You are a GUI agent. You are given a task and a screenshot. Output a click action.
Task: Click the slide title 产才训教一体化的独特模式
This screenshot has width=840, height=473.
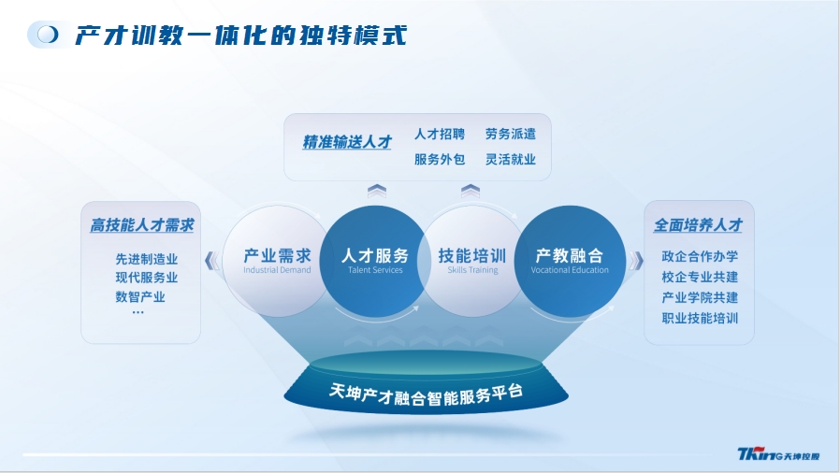(241, 36)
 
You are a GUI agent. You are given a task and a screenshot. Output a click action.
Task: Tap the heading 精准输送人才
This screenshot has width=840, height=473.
(347, 142)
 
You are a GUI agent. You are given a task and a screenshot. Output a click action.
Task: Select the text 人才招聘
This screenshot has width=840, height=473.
(440, 134)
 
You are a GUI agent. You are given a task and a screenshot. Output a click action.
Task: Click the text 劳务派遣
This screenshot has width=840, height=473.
(511, 134)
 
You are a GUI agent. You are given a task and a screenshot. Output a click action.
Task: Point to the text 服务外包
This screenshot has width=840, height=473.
(440, 159)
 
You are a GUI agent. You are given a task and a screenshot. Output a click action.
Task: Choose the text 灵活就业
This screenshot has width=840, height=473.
(511, 159)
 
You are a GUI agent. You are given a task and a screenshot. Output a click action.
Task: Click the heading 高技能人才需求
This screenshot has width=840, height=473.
(142, 225)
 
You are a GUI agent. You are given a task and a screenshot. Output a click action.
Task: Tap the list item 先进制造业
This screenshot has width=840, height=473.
(146, 259)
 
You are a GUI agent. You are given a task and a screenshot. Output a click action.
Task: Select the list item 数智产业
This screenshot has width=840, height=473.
(140, 296)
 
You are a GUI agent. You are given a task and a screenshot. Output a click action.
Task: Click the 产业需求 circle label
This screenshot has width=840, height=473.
(277, 255)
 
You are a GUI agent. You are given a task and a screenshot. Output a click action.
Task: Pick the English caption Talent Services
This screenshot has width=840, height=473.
(375, 270)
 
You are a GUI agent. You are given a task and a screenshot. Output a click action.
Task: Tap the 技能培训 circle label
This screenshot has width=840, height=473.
(472, 255)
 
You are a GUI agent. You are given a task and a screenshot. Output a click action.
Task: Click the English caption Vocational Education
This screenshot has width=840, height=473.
(570, 270)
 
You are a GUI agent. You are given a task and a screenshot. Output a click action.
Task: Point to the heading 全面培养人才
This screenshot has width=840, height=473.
(698, 225)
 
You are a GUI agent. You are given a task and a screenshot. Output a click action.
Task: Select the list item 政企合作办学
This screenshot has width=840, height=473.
(700, 256)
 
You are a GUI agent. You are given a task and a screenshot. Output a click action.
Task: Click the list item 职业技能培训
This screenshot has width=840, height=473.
(700, 319)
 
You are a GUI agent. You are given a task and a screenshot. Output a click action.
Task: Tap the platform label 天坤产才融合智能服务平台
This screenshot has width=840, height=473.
(426, 394)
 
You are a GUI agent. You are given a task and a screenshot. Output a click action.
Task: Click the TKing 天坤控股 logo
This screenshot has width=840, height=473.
(778, 454)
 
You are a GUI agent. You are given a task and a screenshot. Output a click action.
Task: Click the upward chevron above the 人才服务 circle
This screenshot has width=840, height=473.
(377, 191)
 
